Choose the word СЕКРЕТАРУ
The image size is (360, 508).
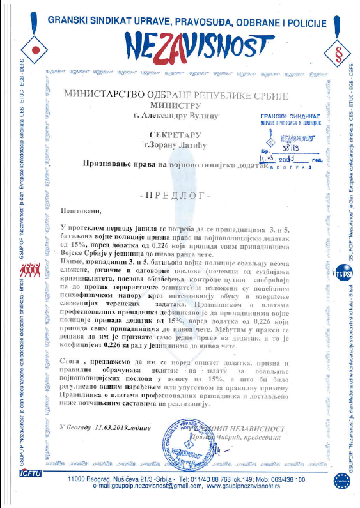[x=175, y=135]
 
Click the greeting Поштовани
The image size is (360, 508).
[x=81, y=210]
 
